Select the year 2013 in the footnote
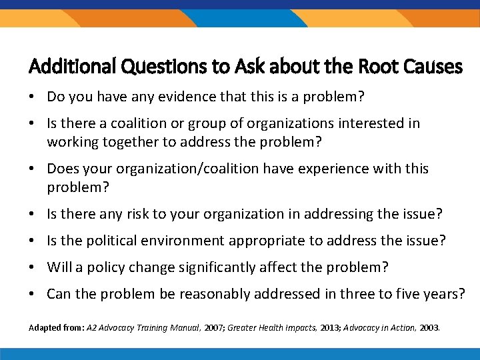click(x=312, y=327)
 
